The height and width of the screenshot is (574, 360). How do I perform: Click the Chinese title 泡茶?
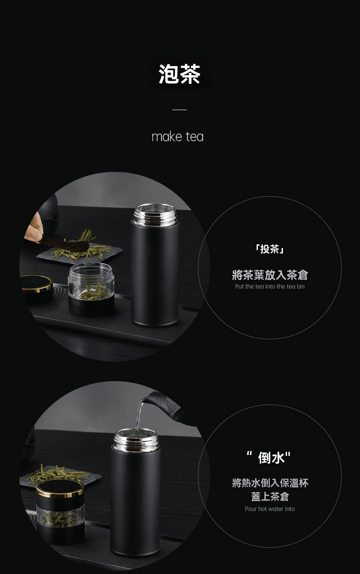(x=180, y=74)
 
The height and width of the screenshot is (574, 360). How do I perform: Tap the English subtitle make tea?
(x=178, y=137)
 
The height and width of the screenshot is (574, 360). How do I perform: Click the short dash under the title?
(x=180, y=110)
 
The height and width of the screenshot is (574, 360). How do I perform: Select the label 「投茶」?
(x=270, y=249)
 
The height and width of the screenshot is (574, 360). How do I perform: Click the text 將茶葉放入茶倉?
(x=270, y=275)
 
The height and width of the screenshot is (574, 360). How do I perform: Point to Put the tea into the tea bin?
(x=270, y=286)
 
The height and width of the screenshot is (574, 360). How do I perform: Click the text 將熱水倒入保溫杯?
(x=270, y=483)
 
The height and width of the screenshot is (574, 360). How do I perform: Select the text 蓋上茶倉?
(x=270, y=496)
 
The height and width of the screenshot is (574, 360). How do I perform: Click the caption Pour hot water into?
(x=270, y=509)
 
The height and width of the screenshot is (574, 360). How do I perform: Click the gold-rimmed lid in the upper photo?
(x=36, y=284)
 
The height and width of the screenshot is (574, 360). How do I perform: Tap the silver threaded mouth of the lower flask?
(x=136, y=440)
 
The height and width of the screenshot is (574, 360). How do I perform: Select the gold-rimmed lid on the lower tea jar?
(x=60, y=488)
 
